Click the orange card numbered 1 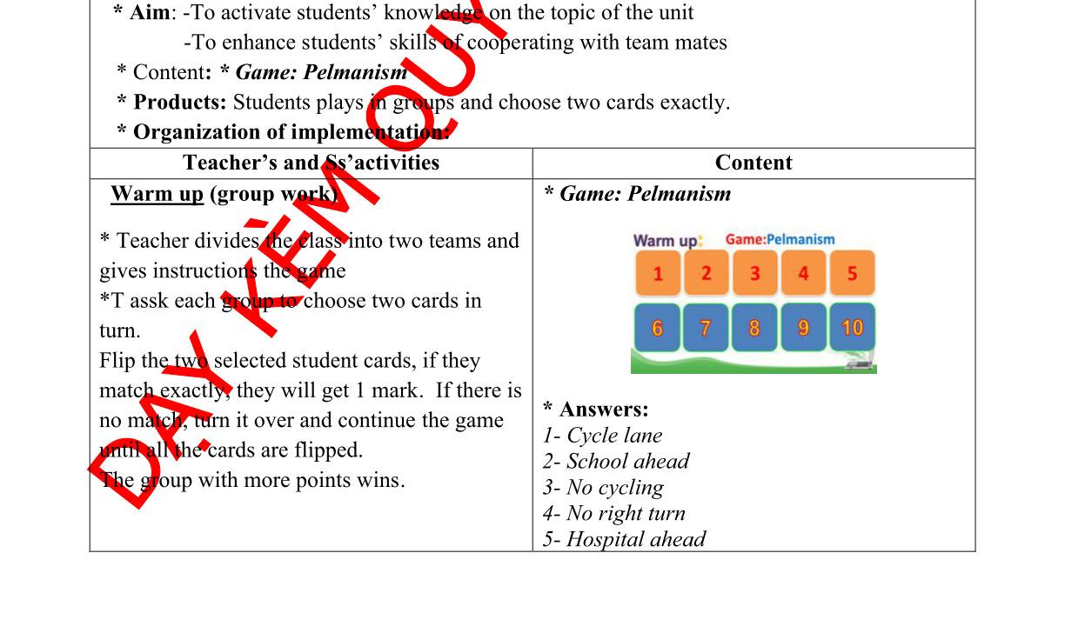(x=658, y=274)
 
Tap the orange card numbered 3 (x=754, y=274)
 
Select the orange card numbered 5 (x=852, y=274)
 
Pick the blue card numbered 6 (x=658, y=328)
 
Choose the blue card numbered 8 (x=754, y=328)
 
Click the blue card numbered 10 (x=852, y=328)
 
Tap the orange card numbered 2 (x=706, y=274)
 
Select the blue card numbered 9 (x=803, y=328)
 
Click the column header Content (x=754, y=163)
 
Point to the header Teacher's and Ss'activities (x=311, y=163)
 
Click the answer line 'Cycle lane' (x=603, y=436)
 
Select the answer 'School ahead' (x=616, y=462)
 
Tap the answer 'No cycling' (x=604, y=488)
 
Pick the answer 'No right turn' (x=614, y=514)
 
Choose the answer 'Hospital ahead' (x=624, y=540)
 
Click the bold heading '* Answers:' (x=596, y=410)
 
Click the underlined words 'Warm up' (x=157, y=194)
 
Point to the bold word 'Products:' (x=179, y=103)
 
